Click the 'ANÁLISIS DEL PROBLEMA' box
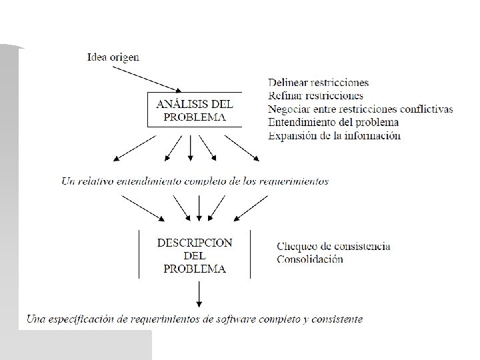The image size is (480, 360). coord(194,110)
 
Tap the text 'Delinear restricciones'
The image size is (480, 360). coord(319,83)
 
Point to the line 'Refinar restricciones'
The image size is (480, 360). coord(315,96)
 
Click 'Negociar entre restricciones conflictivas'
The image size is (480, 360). coord(360,109)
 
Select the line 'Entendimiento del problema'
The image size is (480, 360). coord(333,122)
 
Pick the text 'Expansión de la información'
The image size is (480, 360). coord(334,135)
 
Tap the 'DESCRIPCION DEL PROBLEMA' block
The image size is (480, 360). coord(195,256)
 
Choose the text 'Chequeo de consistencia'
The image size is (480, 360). coord(333,246)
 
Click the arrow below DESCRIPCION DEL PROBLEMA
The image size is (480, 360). coord(199,293)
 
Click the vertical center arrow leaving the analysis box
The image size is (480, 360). coord(191,148)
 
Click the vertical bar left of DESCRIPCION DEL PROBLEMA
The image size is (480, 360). coord(138,253)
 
